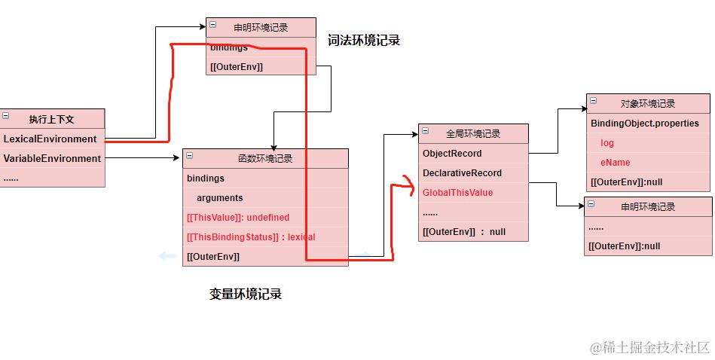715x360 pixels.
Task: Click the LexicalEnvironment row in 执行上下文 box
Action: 50,139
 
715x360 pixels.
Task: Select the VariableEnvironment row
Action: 52,159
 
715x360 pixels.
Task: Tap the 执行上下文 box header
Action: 52,119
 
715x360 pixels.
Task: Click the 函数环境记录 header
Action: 265,159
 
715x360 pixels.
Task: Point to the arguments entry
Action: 220,198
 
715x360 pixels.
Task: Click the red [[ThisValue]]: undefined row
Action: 238,218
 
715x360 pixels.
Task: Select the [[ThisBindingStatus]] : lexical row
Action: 251,237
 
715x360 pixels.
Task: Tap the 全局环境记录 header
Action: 473,134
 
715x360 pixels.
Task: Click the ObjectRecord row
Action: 452,154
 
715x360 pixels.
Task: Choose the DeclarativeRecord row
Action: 462,173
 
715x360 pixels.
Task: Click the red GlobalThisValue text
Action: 457,193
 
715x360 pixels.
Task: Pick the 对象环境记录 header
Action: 648,104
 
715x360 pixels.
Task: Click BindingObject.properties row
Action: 645,124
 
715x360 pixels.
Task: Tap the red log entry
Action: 607,143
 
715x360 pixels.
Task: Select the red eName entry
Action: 615,163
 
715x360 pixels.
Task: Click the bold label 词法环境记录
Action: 364,41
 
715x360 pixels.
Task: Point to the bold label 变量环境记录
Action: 246,294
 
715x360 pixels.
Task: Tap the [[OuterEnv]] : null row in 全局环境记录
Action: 464,232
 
